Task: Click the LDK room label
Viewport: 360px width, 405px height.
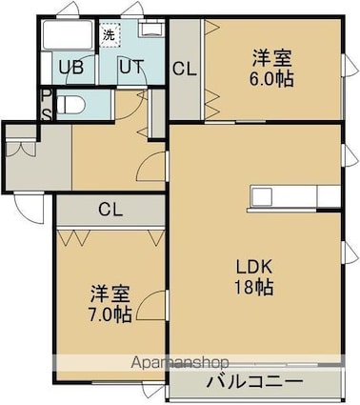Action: pyautogui.click(x=254, y=268)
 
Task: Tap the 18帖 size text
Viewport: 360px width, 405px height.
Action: pyautogui.click(x=254, y=287)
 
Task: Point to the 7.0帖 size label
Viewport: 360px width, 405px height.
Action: pyautogui.click(x=110, y=314)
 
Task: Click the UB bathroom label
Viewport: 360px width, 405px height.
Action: pyautogui.click(x=71, y=67)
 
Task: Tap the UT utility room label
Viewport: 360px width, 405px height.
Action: pyautogui.click(x=131, y=67)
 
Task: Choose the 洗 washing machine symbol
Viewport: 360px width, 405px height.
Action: pyautogui.click(x=110, y=34)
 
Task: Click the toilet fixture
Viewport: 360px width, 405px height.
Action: pyautogui.click(x=71, y=105)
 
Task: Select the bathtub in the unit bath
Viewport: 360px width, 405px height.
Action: pyautogui.click(x=69, y=34)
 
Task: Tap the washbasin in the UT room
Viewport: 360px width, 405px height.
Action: pyautogui.click(x=151, y=28)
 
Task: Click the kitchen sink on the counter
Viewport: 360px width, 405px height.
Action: pyautogui.click(x=262, y=196)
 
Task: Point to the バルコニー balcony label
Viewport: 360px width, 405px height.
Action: pyautogui.click(x=254, y=381)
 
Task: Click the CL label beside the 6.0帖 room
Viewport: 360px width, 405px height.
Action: pyautogui.click(x=185, y=69)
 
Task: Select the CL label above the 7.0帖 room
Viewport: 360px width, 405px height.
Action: pyautogui.click(x=110, y=210)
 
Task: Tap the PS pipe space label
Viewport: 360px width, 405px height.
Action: pyautogui.click(x=47, y=105)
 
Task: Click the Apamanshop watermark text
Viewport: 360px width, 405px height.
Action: pyautogui.click(x=180, y=362)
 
